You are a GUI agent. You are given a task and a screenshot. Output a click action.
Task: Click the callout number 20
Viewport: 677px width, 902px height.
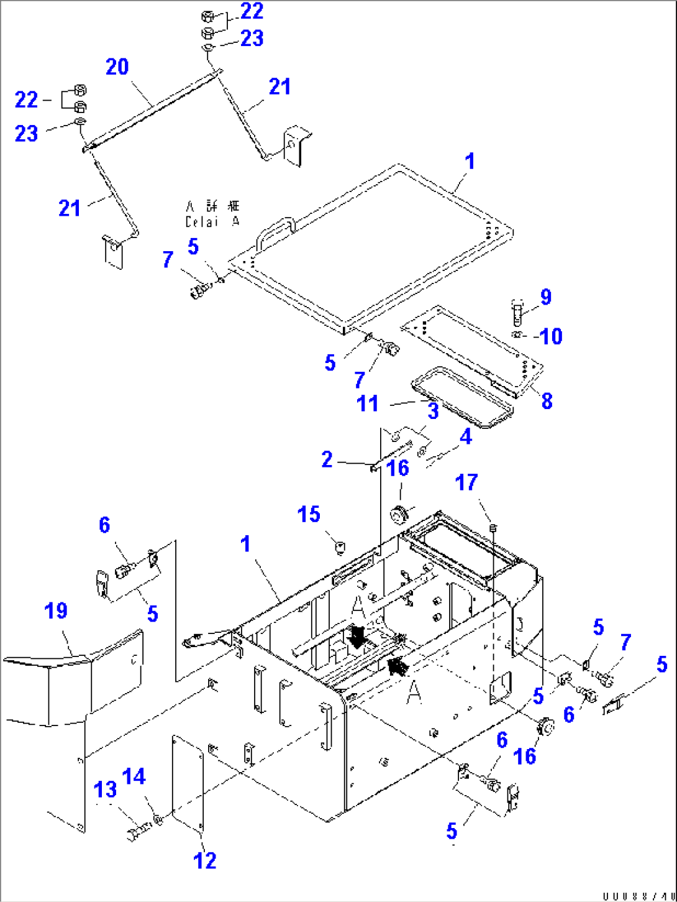[x=117, y=67]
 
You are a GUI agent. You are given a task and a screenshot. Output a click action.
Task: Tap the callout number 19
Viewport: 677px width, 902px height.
[x=56, y=611]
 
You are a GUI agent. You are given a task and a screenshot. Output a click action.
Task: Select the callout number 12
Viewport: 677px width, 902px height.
[x=205, y=860]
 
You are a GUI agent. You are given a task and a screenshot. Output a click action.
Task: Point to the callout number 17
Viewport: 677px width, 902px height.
[x=466, y=482]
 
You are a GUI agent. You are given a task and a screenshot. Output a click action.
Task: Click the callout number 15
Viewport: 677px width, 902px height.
[x=309, y=515]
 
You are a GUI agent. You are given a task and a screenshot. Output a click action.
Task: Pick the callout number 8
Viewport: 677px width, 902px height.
[x=547, y=401]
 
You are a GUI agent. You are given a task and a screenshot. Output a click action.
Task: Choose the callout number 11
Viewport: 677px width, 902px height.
[x=368, y=403]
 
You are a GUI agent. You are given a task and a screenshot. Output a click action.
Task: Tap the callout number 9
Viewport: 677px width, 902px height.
[x=546, y=297]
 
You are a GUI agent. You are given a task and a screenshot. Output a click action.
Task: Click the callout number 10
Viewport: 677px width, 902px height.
[x=551, y=336]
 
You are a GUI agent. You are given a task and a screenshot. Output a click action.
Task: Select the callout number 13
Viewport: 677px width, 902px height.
[x=105, y=789]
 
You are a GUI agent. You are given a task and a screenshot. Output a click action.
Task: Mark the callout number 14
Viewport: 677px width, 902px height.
[x=134, y=777]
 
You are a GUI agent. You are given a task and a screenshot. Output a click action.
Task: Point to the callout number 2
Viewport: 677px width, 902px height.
[x=327, y=459]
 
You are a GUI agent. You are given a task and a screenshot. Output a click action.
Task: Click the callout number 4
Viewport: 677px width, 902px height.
[x=466, y=437]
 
